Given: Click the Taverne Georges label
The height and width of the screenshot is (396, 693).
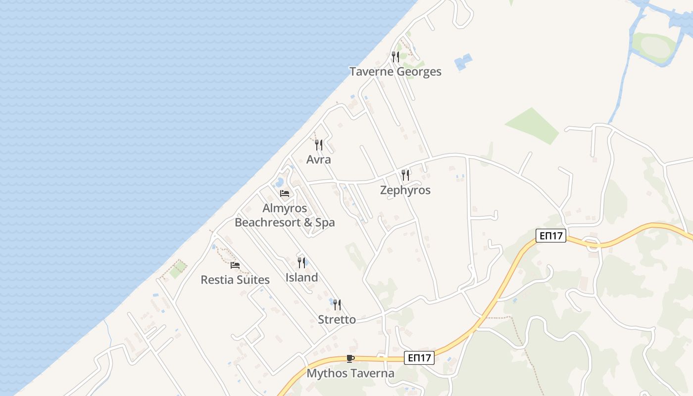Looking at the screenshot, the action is pos(395,72).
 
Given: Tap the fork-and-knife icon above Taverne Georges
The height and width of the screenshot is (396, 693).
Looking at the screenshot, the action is pos(395,57).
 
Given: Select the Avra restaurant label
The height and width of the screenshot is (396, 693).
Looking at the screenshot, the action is pos(318,160).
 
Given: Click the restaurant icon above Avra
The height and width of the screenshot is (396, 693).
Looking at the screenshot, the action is pos(319,145).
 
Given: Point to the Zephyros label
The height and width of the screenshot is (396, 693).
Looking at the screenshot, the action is pos(405,190).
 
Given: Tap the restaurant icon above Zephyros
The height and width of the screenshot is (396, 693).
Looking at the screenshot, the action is pos(405,175).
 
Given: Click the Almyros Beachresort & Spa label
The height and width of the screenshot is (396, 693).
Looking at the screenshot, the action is pos(285,215).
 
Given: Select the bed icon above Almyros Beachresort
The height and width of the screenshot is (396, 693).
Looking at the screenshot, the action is pos(285,193).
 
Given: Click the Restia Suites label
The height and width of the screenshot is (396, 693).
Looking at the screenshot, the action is pos(235,280).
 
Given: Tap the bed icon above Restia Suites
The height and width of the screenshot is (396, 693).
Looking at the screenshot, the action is pos(235,265).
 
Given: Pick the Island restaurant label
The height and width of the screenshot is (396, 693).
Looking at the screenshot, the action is pos(301,277).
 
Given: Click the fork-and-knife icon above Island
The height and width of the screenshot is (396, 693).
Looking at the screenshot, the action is pos(301,262).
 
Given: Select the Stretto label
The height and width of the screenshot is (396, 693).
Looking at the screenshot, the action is pos(337,319).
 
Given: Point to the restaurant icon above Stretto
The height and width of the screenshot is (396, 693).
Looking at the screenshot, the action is pos(337,304).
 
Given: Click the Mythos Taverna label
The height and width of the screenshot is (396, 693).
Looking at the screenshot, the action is pos(350,373).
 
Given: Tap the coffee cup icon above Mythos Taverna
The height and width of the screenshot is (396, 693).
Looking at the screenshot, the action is pos(350,358).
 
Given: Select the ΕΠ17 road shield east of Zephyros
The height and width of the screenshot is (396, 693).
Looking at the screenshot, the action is pos(550,236).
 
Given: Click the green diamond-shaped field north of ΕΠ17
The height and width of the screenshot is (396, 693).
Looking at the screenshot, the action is pos(533,126).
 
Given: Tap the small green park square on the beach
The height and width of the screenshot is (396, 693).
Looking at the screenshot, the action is pos(178,269).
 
